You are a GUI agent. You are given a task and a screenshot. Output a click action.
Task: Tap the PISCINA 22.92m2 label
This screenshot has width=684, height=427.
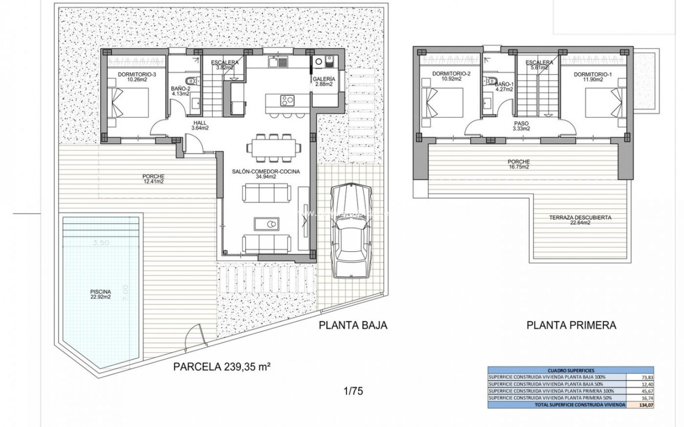(x=100, y=294)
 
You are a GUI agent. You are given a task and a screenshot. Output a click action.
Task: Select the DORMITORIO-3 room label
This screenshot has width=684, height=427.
(x=132, y=77)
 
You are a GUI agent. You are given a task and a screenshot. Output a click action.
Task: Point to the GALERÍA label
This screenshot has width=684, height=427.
(x=324, y=81)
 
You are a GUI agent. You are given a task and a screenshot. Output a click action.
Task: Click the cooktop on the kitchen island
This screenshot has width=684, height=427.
(x=287, y=101)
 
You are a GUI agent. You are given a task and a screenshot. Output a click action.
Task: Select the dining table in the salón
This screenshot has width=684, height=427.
(x=274, y=147)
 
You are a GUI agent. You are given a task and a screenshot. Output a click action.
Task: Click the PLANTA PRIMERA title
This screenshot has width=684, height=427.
(x=571, y=325)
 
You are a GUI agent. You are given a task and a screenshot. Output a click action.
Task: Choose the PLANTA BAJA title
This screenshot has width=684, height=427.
(x=353, y=325)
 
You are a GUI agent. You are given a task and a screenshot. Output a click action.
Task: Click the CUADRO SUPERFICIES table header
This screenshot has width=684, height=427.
(x=571, y=370)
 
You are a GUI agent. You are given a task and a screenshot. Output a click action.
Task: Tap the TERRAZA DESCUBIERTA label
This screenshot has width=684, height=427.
(x=580, y=220)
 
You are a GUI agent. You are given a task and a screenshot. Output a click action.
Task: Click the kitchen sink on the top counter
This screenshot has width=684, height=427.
(x=274, y=63)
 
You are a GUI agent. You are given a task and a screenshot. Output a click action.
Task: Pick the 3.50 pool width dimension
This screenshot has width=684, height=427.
(x=101, y=243)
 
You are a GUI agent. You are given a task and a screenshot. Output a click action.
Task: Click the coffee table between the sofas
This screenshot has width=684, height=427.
(x=266, y=225)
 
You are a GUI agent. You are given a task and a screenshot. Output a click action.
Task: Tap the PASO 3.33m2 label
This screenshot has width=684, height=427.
(x=521, y=126)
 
